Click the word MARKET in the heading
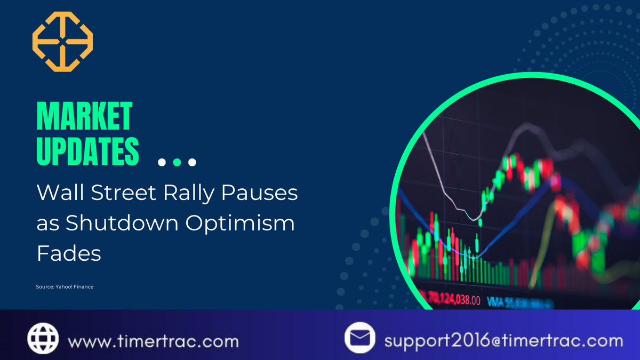click(84, 116)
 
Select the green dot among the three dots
click(178, 162)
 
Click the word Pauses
click(260, 193)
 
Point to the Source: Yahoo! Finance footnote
click(65, 287)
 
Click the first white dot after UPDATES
click(163, 162)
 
